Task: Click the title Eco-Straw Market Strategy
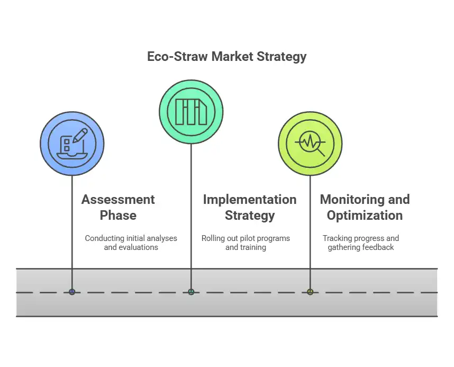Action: (x=226, y=57)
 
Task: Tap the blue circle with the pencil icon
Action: (x=72, y=144)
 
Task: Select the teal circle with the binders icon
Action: (x=191, y=112)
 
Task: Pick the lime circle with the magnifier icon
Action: (x=310, y=144)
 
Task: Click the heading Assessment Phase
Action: (x=118, y=207)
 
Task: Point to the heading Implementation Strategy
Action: (x=250, y=207)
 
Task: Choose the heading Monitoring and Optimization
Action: (x=365, y=207)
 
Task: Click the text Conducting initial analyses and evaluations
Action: (x=131, y=243)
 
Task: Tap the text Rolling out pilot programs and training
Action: (x=246, y=243)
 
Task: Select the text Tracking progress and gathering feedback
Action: (x=361, y=243)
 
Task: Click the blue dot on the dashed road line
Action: (x=72, y=292)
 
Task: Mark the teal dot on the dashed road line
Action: (x=191, y=292)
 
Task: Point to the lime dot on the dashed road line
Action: (x=310, y=292)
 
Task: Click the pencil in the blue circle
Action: (x=80, y=136)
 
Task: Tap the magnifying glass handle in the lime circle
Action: (x=321, y=153)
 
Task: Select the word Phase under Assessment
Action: (x=118, y=216)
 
